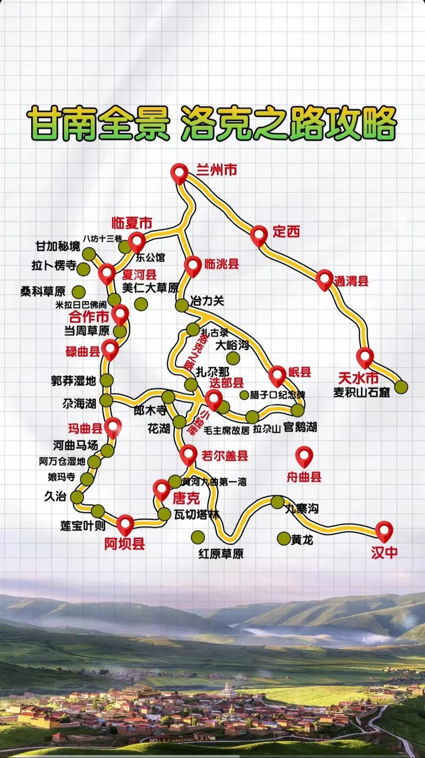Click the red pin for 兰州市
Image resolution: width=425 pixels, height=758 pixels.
180,173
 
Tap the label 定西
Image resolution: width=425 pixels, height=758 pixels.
286,232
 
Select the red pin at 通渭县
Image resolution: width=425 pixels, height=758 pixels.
325,279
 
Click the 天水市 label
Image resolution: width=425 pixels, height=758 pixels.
358,378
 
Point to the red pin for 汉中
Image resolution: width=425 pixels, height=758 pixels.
384,530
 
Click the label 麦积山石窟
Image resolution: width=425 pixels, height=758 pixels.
361,393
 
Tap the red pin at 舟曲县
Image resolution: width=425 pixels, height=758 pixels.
304,456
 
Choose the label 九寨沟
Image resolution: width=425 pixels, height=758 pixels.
301,509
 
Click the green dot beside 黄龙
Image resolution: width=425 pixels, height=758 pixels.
284,538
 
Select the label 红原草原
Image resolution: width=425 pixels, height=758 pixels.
221,554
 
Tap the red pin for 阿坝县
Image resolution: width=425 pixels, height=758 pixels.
125,524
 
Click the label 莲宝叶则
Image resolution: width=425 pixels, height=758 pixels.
83,526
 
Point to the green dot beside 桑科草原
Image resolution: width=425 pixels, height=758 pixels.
79,291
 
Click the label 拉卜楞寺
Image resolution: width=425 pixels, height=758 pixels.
54,266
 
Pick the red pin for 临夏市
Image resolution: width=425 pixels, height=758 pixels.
137,241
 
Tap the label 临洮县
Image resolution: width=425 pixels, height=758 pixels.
221,264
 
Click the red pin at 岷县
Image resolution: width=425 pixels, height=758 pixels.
277,375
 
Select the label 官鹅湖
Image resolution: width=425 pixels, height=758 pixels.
300,426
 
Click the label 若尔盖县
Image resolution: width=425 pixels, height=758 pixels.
225,456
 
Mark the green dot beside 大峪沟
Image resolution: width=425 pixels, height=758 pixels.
233,358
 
